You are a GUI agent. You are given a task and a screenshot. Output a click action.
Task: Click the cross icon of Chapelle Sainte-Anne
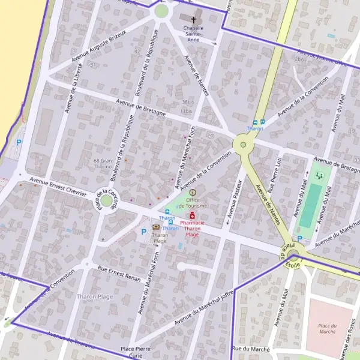[x=193, y=19]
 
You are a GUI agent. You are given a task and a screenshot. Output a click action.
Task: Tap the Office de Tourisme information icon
[x=193, y=192]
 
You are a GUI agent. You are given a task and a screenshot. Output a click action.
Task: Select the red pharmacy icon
[x=192, y=215]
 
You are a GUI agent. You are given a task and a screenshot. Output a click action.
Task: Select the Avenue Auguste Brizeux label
[x=100, y=46]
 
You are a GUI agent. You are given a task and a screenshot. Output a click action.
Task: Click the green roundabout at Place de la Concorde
[x=106, y=200]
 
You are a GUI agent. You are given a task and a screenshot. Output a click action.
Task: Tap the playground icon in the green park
[x=319, y=176]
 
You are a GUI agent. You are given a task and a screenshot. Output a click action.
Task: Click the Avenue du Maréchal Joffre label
[x=203, y=308]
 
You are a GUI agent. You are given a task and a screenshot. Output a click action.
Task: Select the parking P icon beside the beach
[x=19, y=143]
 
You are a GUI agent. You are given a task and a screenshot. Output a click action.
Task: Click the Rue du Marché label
[x=251, y=349]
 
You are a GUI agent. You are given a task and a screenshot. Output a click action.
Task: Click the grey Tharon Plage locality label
[x=95, y=296]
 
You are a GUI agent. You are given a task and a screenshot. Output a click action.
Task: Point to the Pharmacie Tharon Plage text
[x=192, y=229]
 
